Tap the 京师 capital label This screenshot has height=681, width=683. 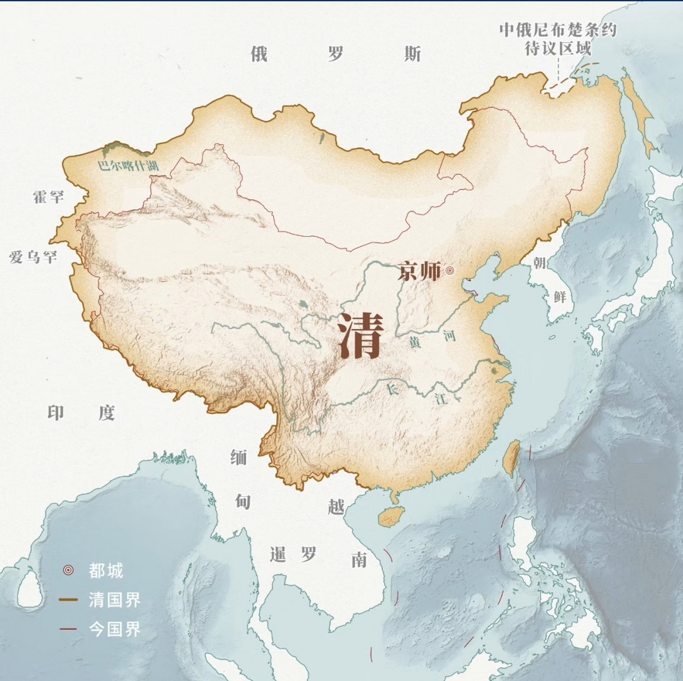(419, 271)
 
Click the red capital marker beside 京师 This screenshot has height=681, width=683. (450, 270)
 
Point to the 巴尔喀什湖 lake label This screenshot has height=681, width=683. (128, 165)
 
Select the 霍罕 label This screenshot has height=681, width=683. (48, 197)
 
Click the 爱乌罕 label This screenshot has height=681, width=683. (33, 258)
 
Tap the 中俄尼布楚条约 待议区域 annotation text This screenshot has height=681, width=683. (558, 39)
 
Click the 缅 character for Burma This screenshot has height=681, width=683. (239, 457)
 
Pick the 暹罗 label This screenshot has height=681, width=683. (293, 554)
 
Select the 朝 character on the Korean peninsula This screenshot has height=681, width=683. (539, 262)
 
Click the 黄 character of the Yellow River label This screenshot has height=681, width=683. (415, 342)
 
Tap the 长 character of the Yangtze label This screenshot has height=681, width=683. (392, 389)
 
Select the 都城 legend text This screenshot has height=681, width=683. (106, 571)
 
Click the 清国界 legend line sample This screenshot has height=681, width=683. (69, 600)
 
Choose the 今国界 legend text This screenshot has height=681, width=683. (115, 629)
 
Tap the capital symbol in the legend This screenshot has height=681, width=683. (68, 571)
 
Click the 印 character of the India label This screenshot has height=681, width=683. (56, 412)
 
